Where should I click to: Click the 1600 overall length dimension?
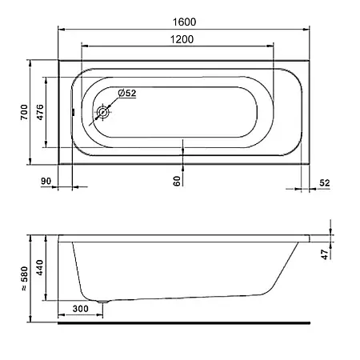pos(184,22)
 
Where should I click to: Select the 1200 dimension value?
pos(182,39)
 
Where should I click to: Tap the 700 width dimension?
pos(24,112)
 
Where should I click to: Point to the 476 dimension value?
pos(40,112)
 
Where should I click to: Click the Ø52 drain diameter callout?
pos(127,93)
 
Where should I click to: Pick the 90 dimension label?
pos(46,181)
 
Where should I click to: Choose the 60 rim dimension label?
pos(177,181)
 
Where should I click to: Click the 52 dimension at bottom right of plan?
pos(325,183)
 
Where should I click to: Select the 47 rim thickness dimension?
pos(325,254)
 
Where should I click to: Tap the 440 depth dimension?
pos(40,267)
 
